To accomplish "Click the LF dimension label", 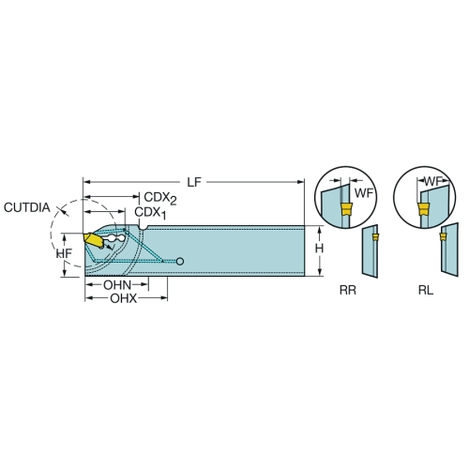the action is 194,182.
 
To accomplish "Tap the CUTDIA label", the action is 27,207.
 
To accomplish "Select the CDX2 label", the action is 160,199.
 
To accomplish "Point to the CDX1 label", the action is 150,213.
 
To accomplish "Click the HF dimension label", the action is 65,253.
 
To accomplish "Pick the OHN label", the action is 117,285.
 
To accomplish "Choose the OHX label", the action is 124,298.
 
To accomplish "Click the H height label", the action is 319,249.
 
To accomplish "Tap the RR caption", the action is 348,291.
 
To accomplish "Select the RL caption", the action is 426,291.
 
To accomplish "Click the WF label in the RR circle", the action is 364,193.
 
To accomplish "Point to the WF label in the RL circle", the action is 433,181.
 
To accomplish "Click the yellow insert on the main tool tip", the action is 93,240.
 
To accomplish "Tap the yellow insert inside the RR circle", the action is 346,209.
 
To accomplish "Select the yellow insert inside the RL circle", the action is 424,209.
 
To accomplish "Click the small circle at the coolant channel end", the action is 180,261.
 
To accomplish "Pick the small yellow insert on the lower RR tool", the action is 375,237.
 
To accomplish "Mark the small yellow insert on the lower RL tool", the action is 443,236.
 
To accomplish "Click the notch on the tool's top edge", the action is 143,227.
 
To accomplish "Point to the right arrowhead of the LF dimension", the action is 301,182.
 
